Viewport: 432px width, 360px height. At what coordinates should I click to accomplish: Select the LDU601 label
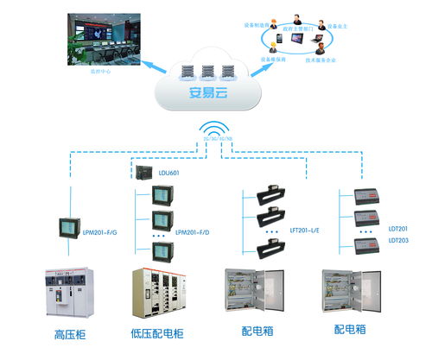169,174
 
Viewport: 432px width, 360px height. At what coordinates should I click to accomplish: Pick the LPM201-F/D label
193,232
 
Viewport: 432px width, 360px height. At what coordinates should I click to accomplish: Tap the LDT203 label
398,240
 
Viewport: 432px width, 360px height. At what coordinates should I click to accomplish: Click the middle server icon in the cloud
208,70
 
